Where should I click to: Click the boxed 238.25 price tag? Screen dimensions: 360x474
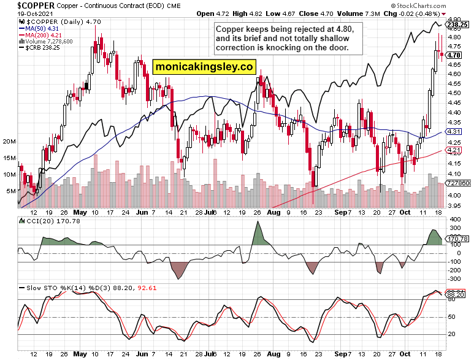[x=457, y=25]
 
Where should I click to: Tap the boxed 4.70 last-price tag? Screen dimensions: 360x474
[x=454, y=55]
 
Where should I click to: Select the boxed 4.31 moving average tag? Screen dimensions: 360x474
[x=454, y=132]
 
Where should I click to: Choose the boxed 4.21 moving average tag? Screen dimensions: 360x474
[x=454, y=150]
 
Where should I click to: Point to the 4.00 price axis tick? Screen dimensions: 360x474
[x=454, y=195]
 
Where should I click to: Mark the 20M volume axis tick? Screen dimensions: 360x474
[x=9, y=142]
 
